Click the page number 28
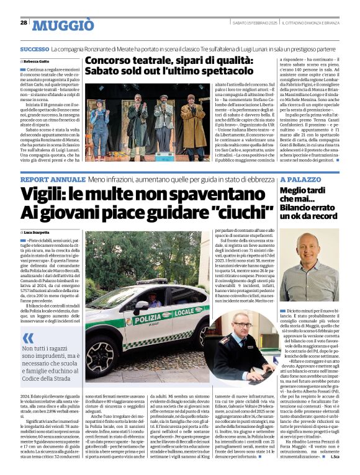(24, 22)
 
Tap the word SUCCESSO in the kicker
(35, 49)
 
